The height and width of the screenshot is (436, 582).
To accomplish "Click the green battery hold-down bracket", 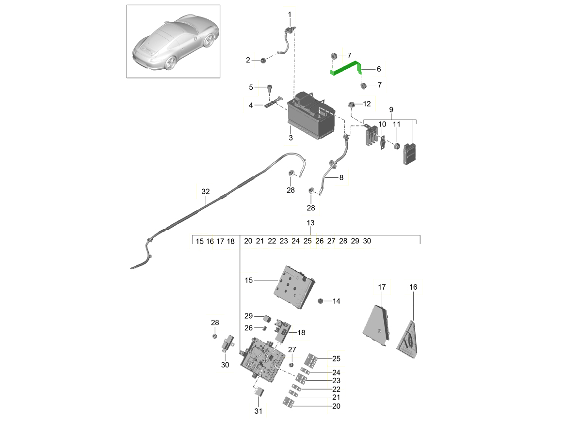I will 345,68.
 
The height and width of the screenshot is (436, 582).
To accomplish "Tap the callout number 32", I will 205,192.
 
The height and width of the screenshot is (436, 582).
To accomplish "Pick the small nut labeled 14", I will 320,301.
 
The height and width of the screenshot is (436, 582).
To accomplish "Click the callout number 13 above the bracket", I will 310,223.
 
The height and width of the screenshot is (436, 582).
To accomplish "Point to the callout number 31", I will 258,412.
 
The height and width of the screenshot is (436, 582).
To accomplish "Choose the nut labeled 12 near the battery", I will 350,104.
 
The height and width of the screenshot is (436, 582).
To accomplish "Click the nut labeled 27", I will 291,364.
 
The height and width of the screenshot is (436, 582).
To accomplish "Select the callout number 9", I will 391,110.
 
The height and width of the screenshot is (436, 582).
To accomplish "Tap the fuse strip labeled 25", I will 311,360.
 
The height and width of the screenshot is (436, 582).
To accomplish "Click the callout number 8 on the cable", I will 341,178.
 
